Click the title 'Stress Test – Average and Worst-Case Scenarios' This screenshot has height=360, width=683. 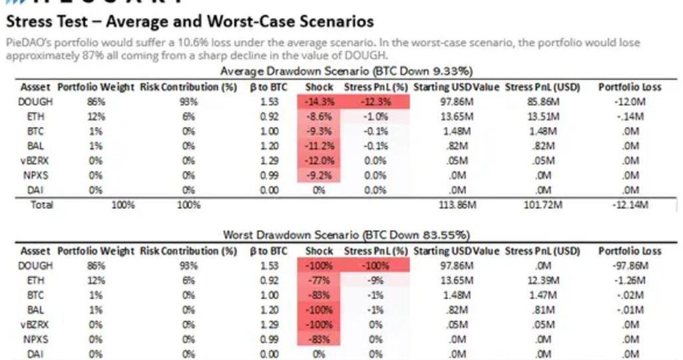(190, 22)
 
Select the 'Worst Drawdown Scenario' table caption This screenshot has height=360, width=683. (346, 235)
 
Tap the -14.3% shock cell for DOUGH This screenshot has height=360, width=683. (319, 102)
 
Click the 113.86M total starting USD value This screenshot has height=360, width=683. (456, 204)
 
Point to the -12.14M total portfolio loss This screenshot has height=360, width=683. (629, 204)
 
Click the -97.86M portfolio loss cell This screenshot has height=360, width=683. (629, 266)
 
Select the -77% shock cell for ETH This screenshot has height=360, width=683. (319, 280)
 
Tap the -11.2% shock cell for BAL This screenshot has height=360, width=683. (319, 146)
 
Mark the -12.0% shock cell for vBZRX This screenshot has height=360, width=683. (319, 160)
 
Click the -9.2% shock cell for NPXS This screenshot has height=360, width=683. (319, 175)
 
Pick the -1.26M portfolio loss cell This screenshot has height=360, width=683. (629, 280)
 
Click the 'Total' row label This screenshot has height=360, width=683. (41, 204)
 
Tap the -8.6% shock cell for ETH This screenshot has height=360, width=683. (319, 116)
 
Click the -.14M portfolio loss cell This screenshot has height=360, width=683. (629, 116)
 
